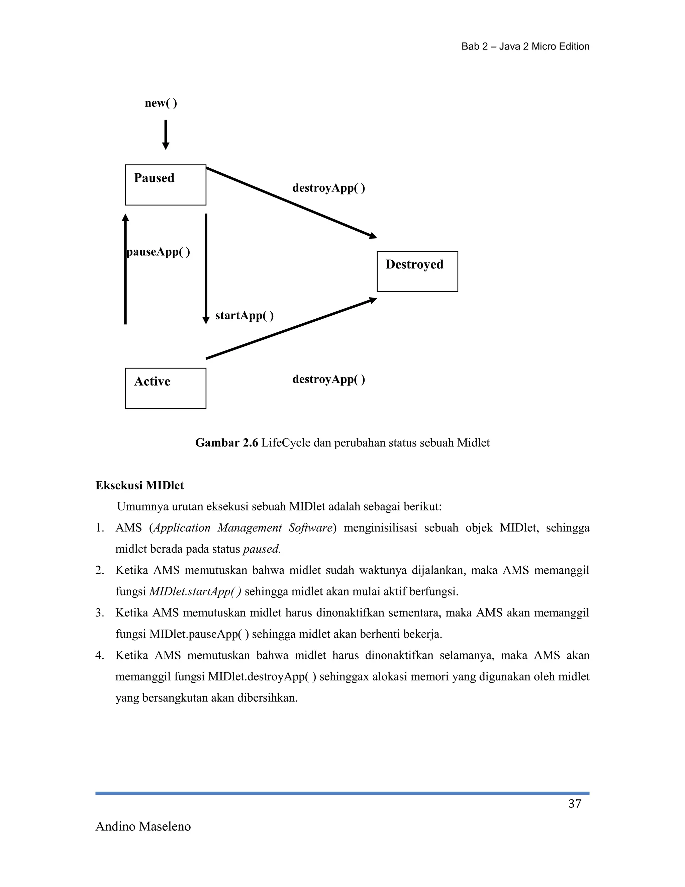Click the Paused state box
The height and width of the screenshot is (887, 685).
pyautogui.click(x=165, y=185)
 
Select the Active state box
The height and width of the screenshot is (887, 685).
pyautogui.click(x=165, y=388)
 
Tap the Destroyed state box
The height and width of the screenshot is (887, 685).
pyautogui.click(x=417, y=271)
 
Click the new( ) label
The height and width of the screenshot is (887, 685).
pyautogui.click(x=161, y=103)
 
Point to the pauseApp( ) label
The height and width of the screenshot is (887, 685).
pyautogui.click(x=158, y=252)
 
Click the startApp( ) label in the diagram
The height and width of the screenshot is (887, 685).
pyautogui.click(x=244, y=316)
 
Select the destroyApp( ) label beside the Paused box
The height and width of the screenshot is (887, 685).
pyautogui.click(x=328, y=188)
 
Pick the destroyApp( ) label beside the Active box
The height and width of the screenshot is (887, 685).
pyautogui.click(x=328, y=379)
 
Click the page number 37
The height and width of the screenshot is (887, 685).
pyautogui.click(x=575, y=804)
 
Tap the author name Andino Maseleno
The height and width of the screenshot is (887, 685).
pyautogui.click(x=143, y=826)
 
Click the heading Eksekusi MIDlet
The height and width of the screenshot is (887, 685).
pyautogui.click(x=139, y=486)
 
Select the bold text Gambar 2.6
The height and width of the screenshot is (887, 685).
pyautogui.click(x=226, y=443)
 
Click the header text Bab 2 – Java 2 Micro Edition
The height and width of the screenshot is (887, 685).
pyautogui.click(x=525, y=47)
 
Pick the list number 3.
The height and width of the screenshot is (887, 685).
pyautogui.click(x=99, y=613)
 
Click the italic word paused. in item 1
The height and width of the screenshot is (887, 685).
pyautogui.click(x=262, y=549)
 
